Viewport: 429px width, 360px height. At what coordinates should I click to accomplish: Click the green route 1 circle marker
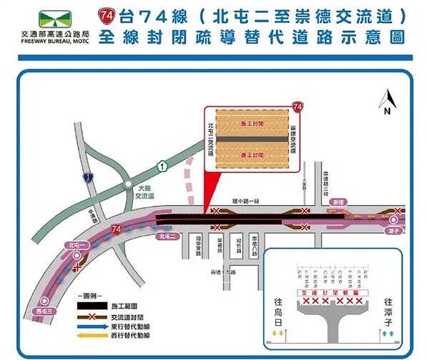(162, 166)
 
